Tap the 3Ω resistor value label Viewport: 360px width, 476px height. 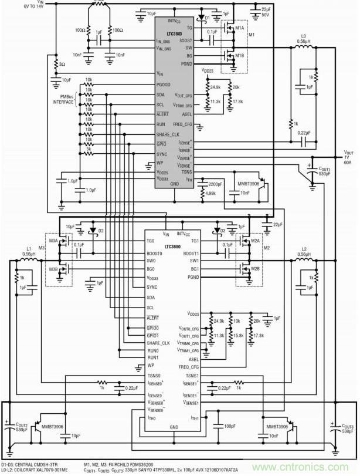click(62, 65)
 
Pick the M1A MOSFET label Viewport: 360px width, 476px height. click(239, 28)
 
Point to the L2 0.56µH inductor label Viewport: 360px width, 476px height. click(304, 252)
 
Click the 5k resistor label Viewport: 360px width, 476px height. click(88, 148)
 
